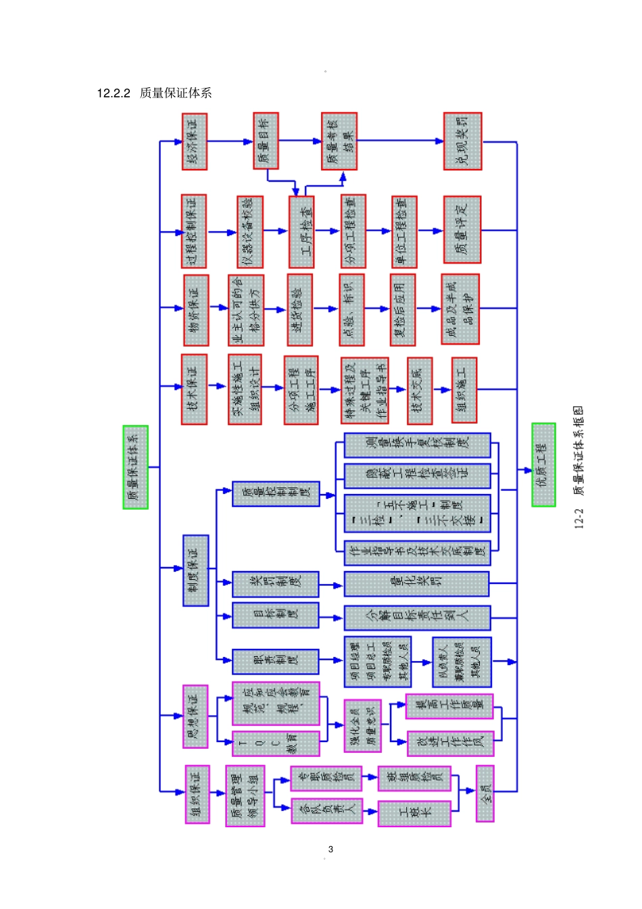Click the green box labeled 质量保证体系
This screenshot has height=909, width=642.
[x=135, y=467]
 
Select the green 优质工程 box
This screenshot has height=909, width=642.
[x=543, y=464]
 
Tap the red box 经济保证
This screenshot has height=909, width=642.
[x=195, y=141]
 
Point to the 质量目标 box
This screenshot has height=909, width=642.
[x=266, y=141]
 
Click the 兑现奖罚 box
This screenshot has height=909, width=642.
[x=463, y=141]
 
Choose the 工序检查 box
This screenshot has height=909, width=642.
[x=302, y=231]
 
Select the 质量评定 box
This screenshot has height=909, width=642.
[x=462, y=230]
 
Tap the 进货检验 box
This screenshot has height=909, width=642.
[x=299, y=309]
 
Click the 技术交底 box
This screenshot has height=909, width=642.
[x=420, y=391]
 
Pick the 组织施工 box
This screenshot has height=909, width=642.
[x=464, y=390]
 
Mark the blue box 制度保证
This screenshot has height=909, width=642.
[x=196, y=570]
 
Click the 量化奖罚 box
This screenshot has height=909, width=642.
[x=416, y=584]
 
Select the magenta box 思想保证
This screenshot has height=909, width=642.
[x=195, y=716]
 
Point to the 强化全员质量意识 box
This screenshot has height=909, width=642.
[x=362, y=725]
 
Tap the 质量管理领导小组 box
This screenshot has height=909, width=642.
[x=245, y=795]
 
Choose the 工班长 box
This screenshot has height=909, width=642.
[x=414, y=813]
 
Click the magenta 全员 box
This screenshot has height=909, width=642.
[x=485, y=793]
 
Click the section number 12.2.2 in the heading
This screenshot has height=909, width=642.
[x=113, y=93]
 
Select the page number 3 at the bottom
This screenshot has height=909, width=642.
[x=330, y=849]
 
